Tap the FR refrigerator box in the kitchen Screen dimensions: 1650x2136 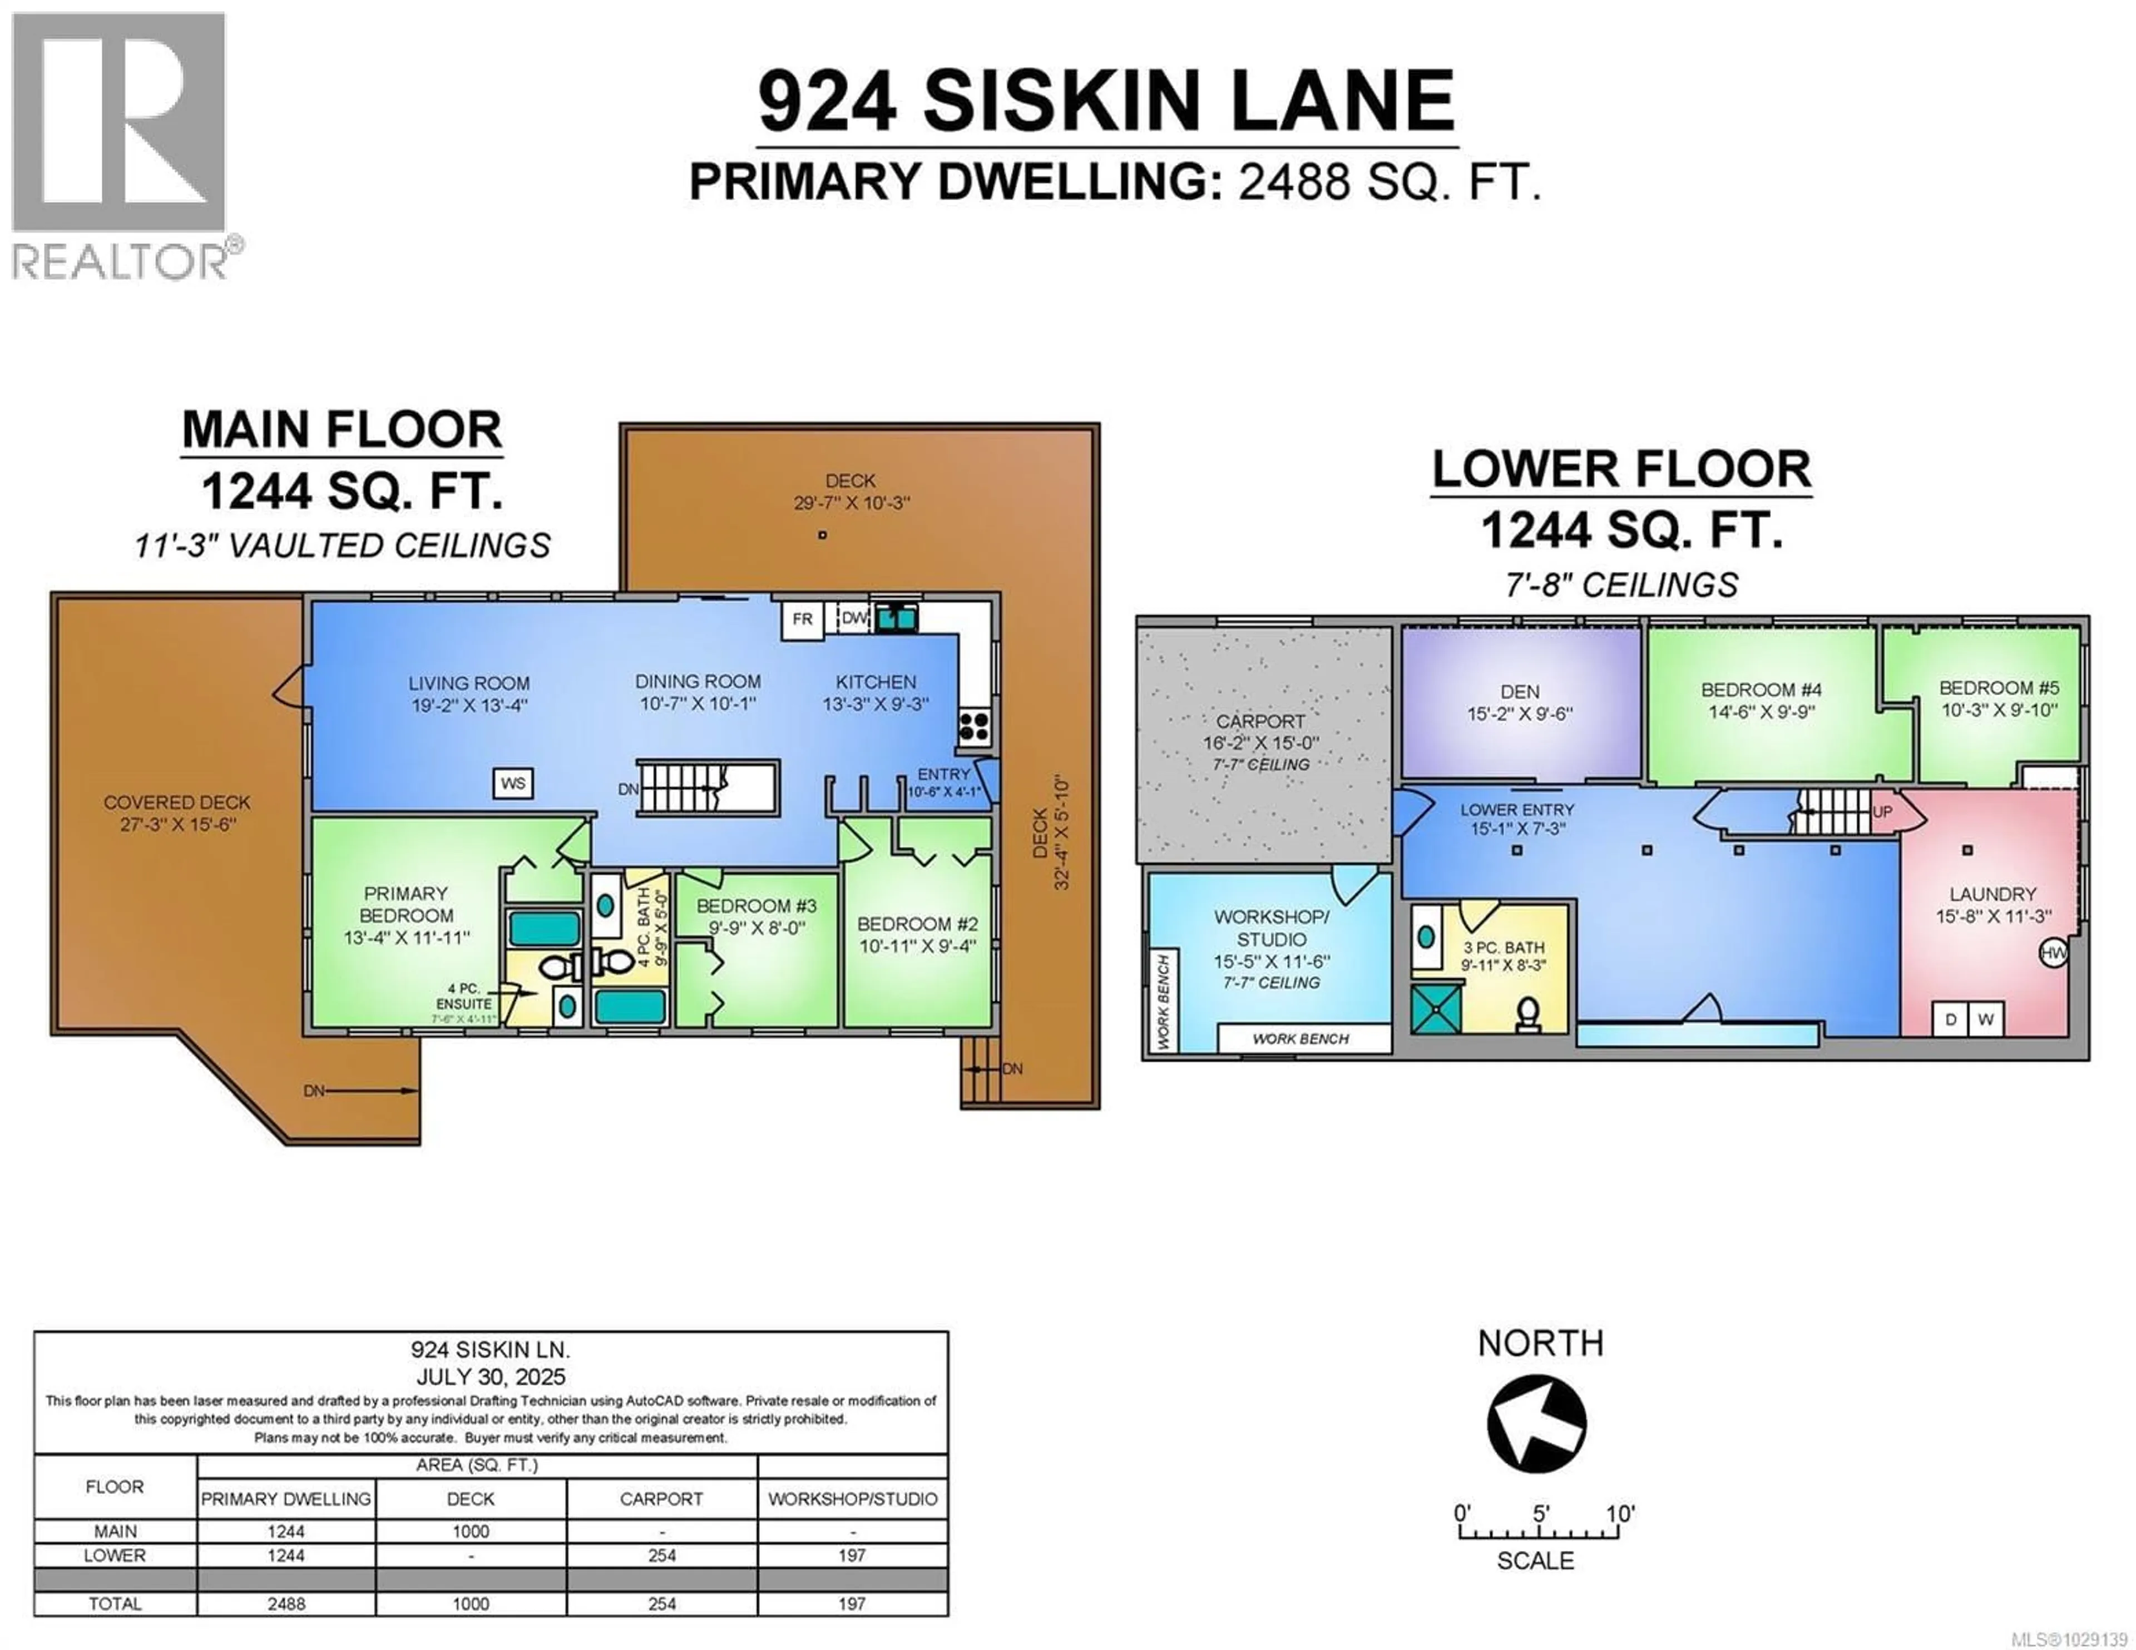click(802, 619)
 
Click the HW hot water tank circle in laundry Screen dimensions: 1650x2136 click(2053, 952)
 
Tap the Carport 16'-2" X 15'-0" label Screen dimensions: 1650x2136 click(1260, 732)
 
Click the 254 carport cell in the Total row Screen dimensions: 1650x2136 click(661, 1604)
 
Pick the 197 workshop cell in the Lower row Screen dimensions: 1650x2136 click(851, 1555)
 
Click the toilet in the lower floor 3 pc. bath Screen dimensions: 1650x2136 click(1527, 1015)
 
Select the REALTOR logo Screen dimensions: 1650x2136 click(120, 147)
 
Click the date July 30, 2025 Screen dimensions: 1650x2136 click(490, 1377)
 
